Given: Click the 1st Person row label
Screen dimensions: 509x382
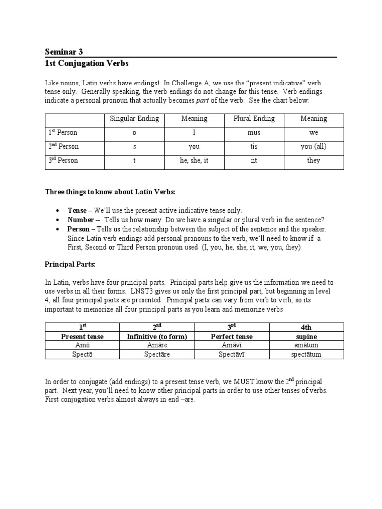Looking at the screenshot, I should [63, 133].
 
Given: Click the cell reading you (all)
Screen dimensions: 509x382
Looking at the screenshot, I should [314, 147].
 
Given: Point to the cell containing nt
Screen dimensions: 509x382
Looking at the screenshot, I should [254, 161].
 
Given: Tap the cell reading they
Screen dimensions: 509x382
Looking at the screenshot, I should [314, 161].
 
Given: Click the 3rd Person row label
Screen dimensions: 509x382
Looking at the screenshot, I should [63, 161].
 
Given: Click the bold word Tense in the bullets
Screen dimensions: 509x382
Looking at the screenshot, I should [77, 211].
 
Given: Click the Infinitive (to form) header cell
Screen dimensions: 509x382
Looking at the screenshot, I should [157, 337].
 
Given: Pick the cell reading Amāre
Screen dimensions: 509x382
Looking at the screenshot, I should [157, 345].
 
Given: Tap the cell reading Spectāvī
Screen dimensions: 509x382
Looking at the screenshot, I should [231, 354].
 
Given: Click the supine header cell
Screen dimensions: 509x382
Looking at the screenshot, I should [306, 337].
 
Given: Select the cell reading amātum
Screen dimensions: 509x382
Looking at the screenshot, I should [306, 345].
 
